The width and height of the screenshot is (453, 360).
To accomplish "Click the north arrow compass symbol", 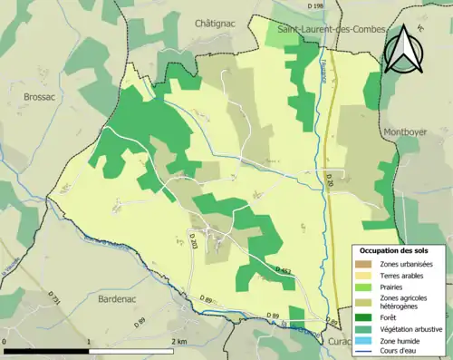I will [x=402, y=49].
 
